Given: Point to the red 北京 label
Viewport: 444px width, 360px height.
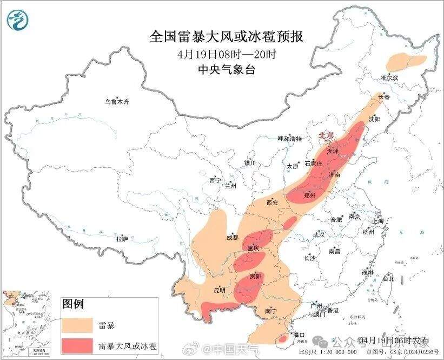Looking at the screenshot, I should (326, 135).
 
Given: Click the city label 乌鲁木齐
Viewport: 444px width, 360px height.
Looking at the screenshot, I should (117, 101).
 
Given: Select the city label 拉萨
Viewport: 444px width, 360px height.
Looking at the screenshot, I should (122, 238).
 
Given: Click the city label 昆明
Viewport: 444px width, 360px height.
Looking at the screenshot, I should (220, 290).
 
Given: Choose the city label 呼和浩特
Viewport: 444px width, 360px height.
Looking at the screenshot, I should (289, 139).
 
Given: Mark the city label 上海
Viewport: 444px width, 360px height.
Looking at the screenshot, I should (378, 221).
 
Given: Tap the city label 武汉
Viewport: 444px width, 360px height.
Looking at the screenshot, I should (319, 235).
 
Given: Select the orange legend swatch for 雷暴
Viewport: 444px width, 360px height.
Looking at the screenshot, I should (78, 325).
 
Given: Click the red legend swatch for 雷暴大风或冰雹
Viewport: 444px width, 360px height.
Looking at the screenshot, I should (78, 345).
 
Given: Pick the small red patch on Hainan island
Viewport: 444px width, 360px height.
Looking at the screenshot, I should (282, 340).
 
